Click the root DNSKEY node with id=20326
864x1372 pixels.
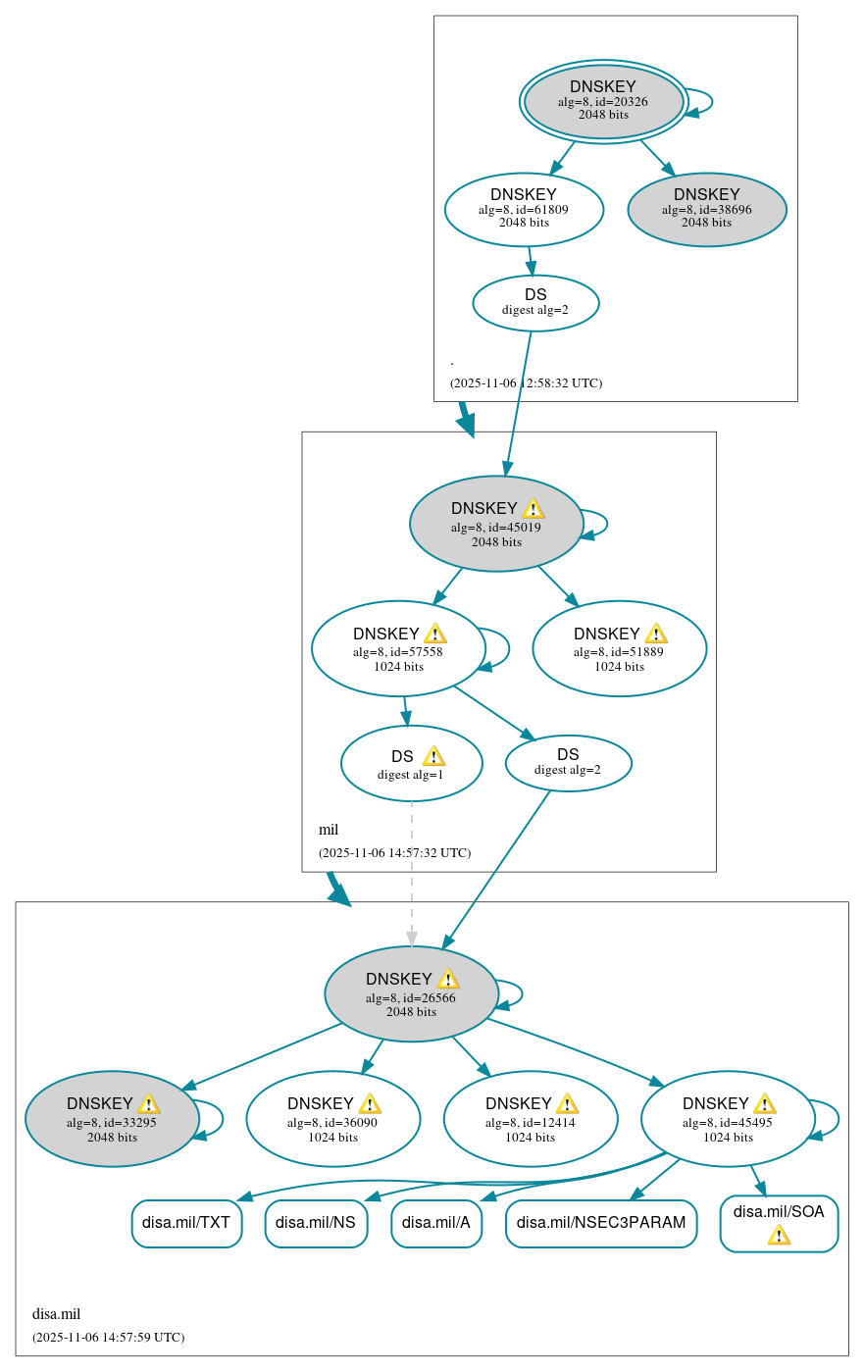603,101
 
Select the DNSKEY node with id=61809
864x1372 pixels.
524,209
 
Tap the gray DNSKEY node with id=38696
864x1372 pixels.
706,209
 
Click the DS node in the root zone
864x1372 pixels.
535,302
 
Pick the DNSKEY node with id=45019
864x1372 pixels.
496,524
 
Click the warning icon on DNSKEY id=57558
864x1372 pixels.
434,634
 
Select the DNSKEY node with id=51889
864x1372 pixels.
619,648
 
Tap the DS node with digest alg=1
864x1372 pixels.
411,763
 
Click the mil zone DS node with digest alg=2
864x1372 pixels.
568,762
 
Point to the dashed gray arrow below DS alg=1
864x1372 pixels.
412,873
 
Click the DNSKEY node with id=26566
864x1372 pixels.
411,993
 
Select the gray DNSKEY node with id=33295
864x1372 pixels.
112,1118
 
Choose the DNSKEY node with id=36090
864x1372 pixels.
332,1118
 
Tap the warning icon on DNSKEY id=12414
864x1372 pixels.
567,1104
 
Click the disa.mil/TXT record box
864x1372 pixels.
186,1223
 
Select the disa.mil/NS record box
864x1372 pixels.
316,1223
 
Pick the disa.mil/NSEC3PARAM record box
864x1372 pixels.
600,1223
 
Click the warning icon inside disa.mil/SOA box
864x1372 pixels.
779,1235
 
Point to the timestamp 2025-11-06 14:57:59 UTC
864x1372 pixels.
108,1337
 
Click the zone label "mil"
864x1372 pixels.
329,830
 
